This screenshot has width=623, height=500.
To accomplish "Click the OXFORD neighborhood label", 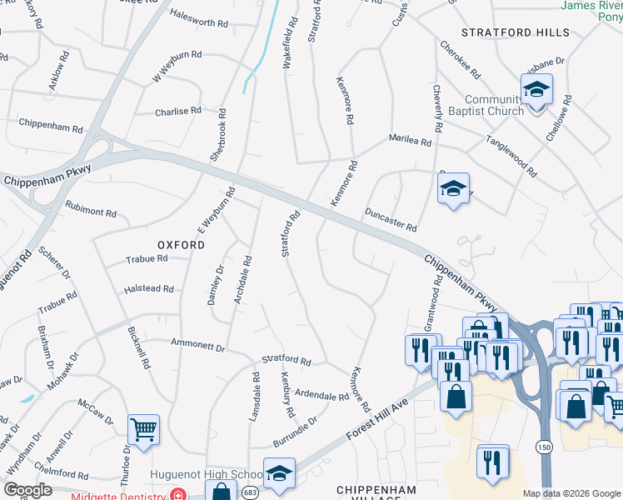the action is pos(181,245).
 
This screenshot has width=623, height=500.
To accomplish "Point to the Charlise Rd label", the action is pos(178,110).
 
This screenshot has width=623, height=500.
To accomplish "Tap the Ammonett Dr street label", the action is pos(197,343).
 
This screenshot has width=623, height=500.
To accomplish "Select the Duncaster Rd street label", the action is pos(390,220).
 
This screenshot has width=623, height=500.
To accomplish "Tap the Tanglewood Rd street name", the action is pos(511,157).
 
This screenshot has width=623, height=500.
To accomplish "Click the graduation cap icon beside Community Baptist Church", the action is pos(536,89).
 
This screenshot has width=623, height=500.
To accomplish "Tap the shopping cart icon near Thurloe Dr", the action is pos(143,430).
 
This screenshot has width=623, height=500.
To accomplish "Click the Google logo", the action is pos(27,490).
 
